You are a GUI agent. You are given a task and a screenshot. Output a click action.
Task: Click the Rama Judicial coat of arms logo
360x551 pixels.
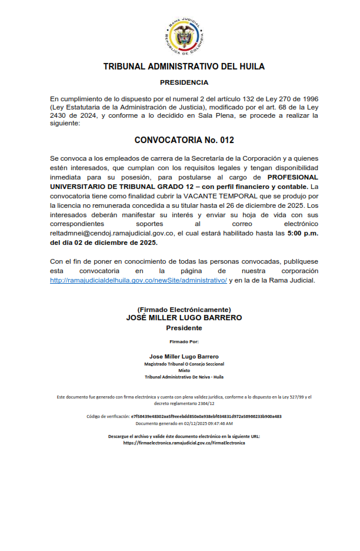[184, 36]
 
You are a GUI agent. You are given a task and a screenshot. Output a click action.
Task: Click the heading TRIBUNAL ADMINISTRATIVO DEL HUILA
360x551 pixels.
[184, 67]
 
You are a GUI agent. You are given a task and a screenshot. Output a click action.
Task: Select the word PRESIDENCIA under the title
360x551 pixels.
[184, 82]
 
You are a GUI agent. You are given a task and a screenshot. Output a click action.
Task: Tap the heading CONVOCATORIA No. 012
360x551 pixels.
[184, 140]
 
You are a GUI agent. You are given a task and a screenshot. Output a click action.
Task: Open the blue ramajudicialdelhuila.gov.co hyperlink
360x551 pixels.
[138, 280]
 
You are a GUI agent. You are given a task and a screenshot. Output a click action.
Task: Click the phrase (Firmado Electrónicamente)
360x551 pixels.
[184, 310]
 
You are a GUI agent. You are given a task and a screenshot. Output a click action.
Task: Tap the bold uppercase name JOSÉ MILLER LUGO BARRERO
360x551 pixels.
[184, 317]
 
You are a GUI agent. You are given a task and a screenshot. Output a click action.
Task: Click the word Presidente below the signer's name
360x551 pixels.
[184, 328]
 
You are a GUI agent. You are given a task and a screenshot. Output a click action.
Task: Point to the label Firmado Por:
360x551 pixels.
[184, 341]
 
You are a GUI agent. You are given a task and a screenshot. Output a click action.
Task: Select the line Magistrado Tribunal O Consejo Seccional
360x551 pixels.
[184, 364]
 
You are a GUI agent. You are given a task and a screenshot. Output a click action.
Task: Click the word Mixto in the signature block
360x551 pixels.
[184, 370]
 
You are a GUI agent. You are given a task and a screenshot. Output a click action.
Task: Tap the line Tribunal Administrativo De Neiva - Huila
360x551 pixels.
[184, 377]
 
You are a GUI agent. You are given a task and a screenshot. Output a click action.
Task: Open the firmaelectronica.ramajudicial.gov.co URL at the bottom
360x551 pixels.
[184, 443]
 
